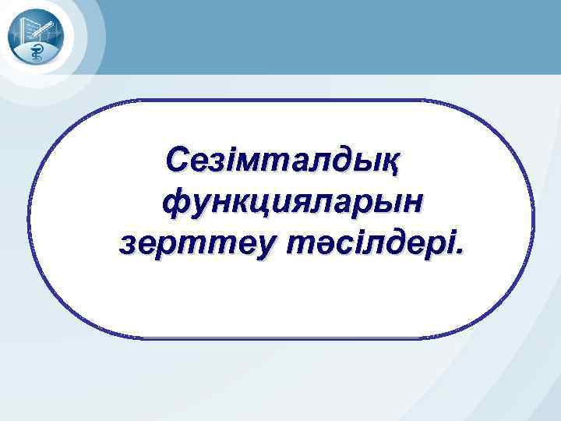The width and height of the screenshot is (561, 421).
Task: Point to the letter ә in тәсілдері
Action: coord(320,245)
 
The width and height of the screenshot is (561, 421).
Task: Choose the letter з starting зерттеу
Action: coord(127,245)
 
